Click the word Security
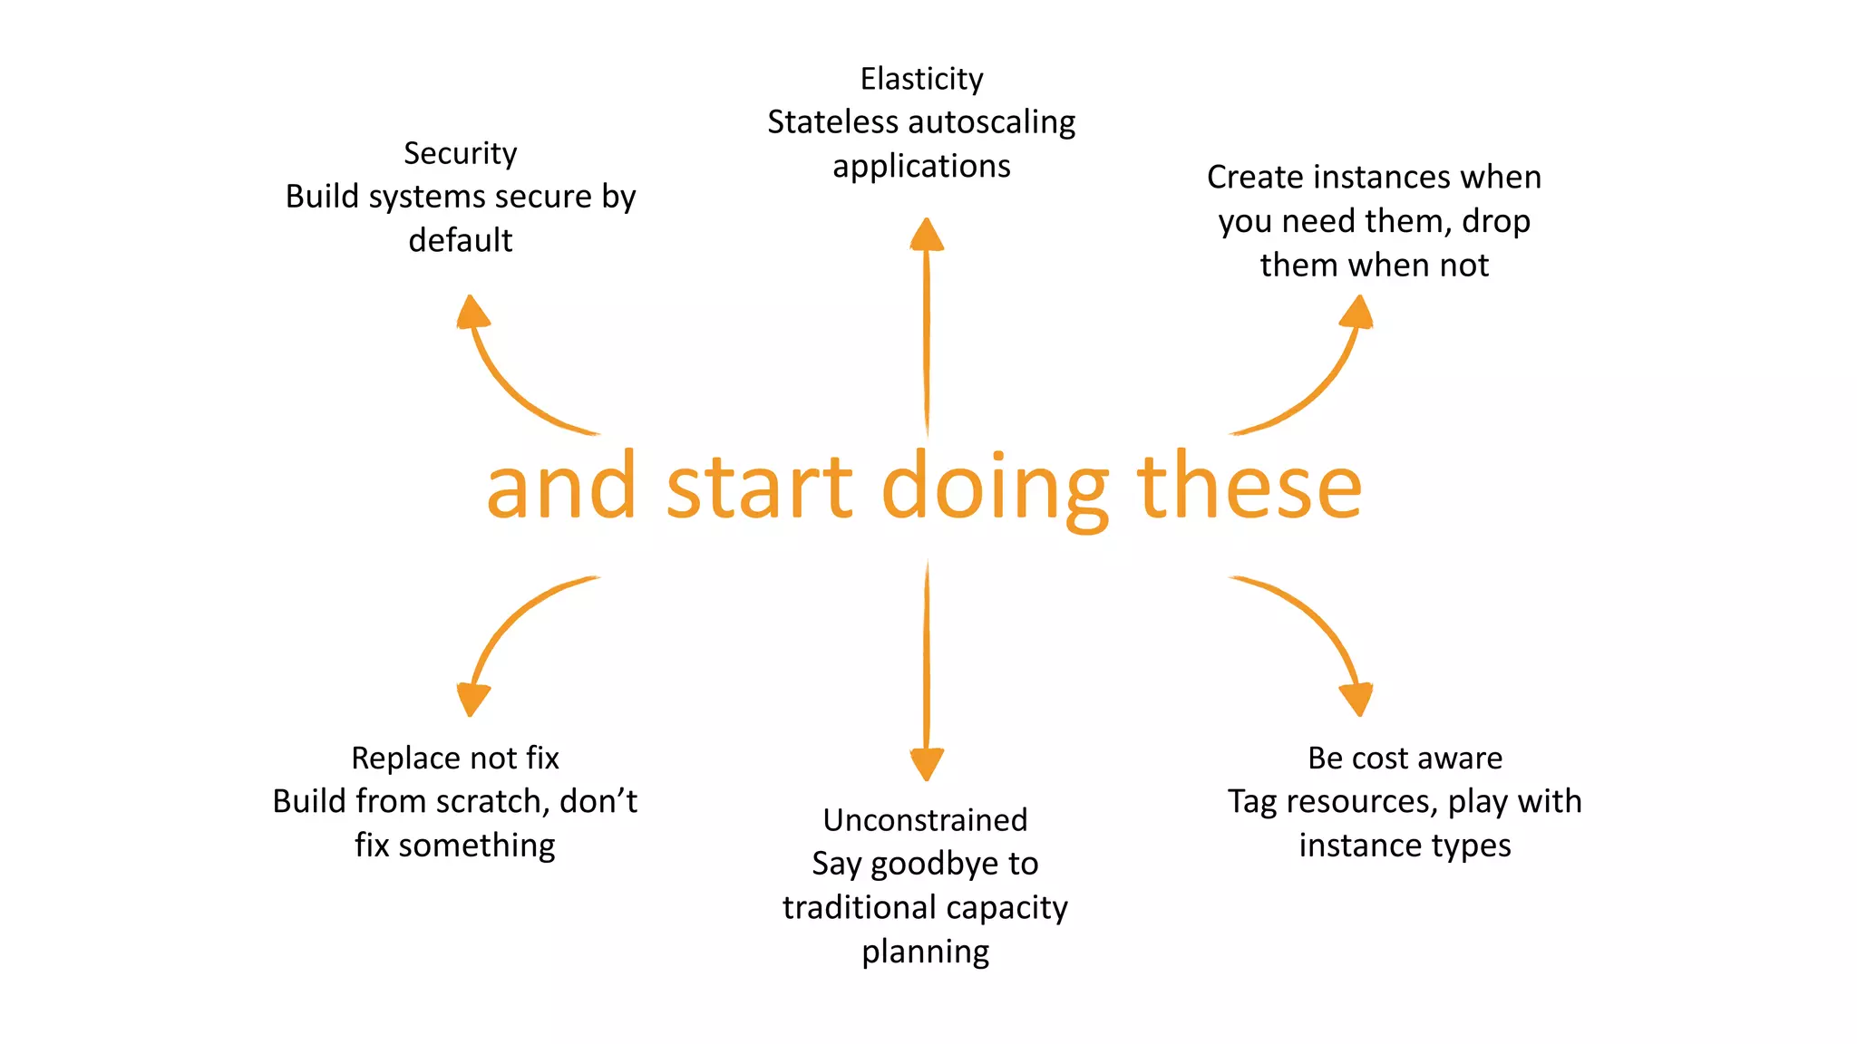[x=460, y=153]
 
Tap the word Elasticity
[x=921, y=80]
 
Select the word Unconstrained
[x=925, y=820]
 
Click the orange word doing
[x=995, y=489]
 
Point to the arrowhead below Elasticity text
[x=926, y=235]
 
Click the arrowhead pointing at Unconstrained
[x=926, y=764]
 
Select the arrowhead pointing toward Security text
[x=472, y=312]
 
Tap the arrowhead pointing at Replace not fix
[x=472, y=700]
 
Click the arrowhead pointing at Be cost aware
[x=1356, y=700]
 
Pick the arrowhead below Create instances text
[x=1357, y=312]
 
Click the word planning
[x=925, y=952]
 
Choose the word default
[x=460, y=240]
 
